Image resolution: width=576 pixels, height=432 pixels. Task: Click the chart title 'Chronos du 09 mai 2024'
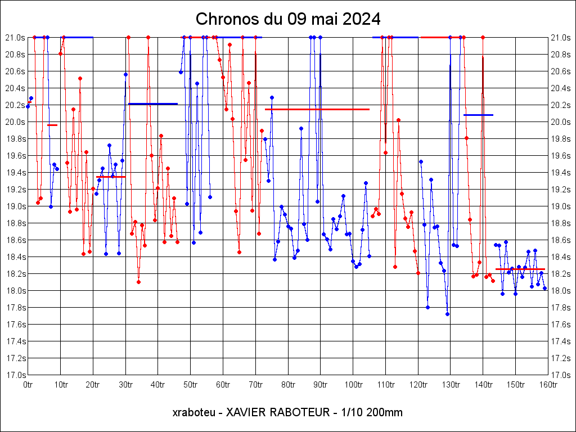[x=288, y=19]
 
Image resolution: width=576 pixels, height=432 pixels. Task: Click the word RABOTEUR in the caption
[x=303, y=412]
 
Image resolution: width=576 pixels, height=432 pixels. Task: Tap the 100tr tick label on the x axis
[x=353, y=385]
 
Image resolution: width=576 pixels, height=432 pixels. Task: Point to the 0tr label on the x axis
[x=28, y=385]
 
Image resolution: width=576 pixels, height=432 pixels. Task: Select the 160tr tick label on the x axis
[x=548, y=385]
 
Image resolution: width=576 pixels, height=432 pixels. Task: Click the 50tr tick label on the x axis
[x=191, y=385]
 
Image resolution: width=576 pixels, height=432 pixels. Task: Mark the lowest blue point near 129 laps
[x=447, y=314]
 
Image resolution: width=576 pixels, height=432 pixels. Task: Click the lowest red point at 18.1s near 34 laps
[x=138, y=282]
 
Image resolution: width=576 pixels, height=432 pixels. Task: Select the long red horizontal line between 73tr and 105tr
[x=317, y=109]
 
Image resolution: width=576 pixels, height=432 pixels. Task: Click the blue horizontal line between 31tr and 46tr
[x=153, y=103]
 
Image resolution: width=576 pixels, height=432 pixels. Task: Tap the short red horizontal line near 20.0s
[x=52, y=125]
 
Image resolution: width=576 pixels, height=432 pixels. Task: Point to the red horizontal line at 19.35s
[x=111, y=177]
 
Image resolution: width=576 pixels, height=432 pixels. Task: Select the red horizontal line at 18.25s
[x=520, y=269]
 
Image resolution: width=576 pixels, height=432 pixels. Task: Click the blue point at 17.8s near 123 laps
[x=427, y=307]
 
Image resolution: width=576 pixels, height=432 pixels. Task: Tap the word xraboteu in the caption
[x=191, y=412]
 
